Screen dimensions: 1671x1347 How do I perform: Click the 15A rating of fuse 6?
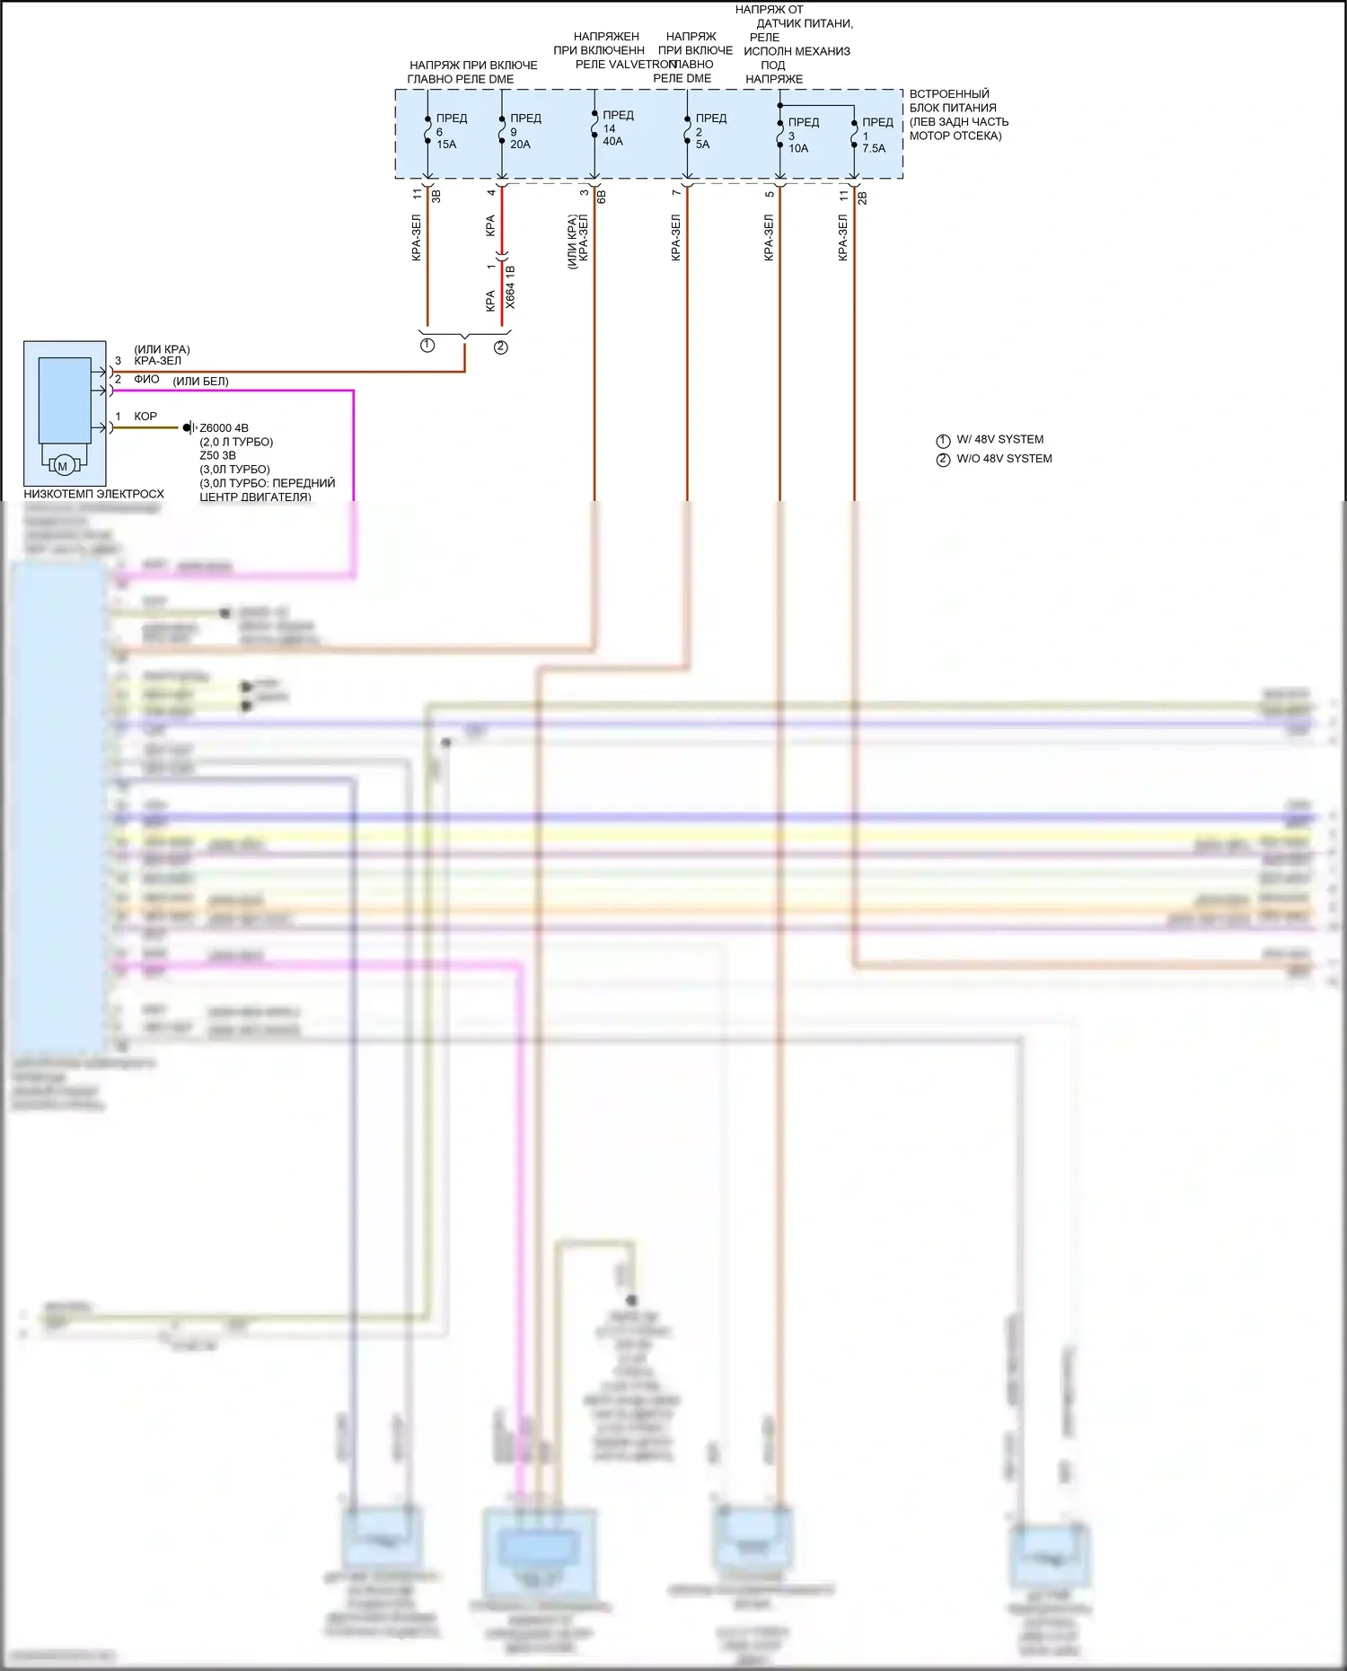[x=446, y=145]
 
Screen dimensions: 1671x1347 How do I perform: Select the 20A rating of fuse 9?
[x=520, y=145]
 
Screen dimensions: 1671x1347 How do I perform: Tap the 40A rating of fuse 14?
[x=612, y=142]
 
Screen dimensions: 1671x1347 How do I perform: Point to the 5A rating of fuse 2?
[x=702, y=145]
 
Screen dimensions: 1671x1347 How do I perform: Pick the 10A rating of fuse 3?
[x=798, y=149]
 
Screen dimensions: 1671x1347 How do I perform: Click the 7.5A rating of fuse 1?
[x=874, y=149]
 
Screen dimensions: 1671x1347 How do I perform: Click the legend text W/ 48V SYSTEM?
[x=999, y=440]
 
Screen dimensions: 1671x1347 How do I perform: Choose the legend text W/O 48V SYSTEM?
[x=1004, y=459]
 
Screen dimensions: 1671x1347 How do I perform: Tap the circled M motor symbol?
[x=63, y=466]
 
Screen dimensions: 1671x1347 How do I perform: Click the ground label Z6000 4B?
[x=224, y=428]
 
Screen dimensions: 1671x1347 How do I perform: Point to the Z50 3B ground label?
[x=217, y=455]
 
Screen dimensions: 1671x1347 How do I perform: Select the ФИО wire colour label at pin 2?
[x=146, y=380]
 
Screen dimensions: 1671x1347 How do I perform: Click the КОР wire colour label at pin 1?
[x=145, y=417]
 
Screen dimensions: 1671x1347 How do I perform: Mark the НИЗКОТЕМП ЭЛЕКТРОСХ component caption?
[x=93, y=494]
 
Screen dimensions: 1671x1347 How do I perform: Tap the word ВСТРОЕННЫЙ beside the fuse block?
[x=949, y=94]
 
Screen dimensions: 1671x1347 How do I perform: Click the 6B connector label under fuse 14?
[x=602, y=196]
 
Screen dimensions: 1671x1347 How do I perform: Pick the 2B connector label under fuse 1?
[x=862, y=197]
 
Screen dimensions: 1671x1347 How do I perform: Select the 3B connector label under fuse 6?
[x=436, y=195]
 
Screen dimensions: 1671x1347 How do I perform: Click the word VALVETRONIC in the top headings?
[x=640, y=65]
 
